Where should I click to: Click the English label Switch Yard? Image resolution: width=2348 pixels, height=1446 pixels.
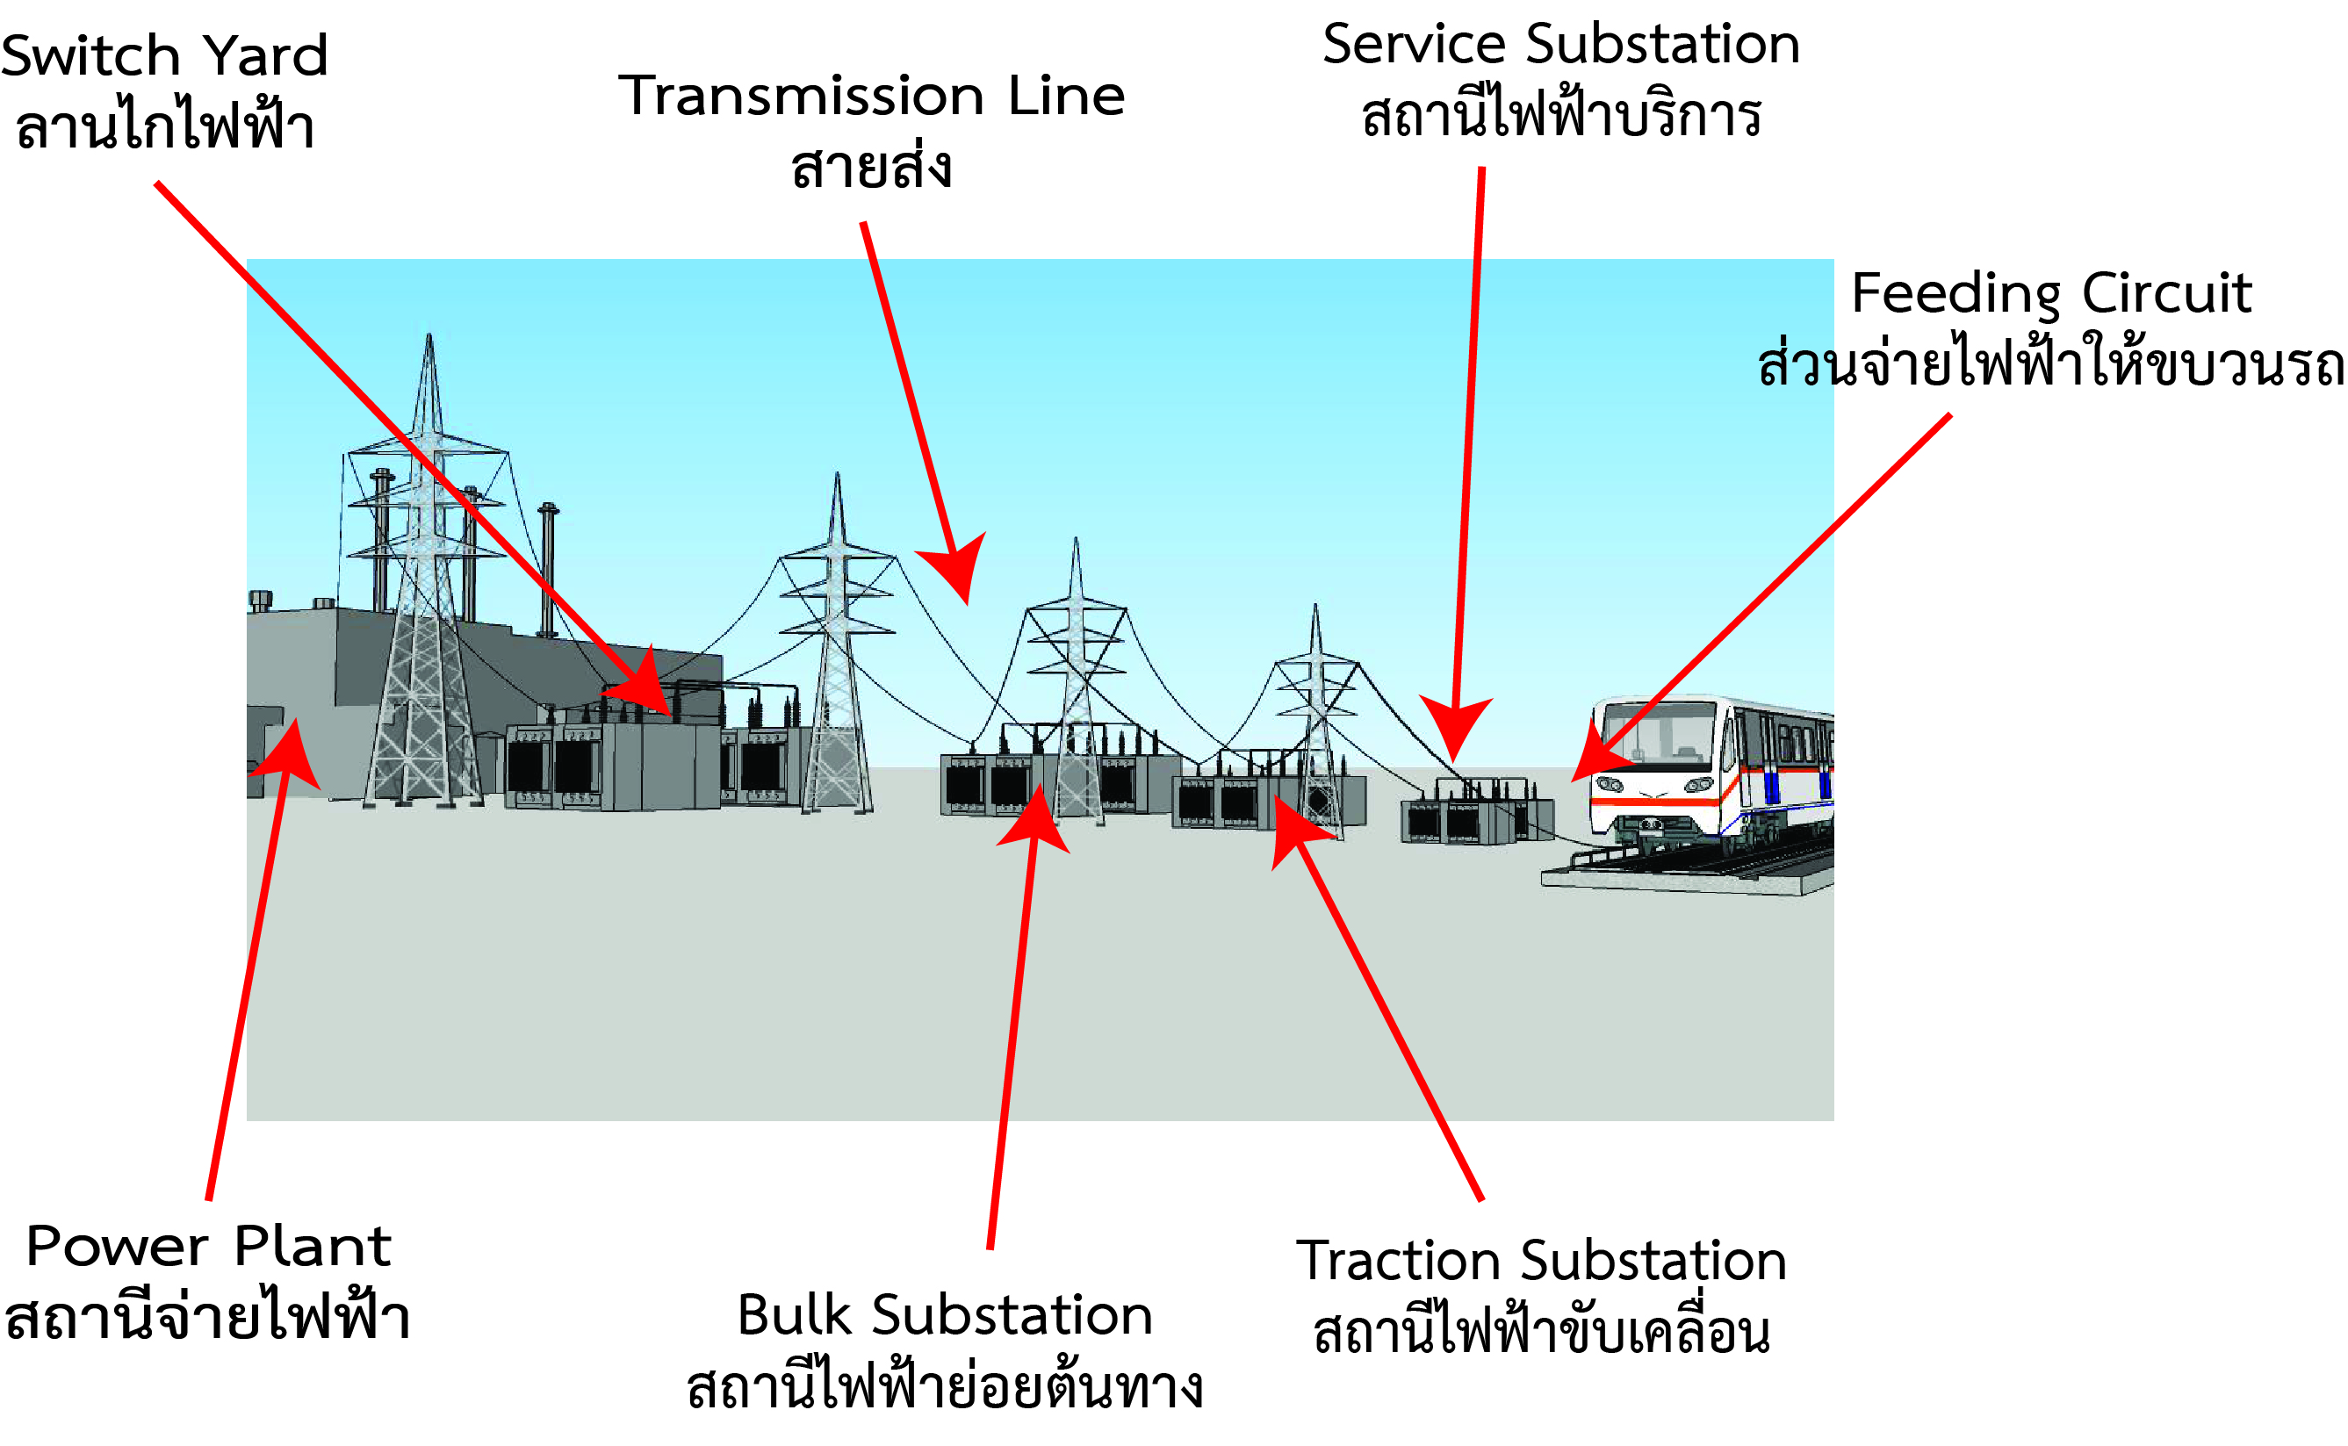click(164, 55)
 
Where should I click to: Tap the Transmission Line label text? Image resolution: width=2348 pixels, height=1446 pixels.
click(871, 96)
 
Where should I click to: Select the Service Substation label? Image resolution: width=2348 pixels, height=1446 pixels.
click(1561, 45)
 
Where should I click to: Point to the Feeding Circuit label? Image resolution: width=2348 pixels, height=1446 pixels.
click(2050, 292)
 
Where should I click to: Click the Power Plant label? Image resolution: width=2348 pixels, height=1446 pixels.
click(208, 1246)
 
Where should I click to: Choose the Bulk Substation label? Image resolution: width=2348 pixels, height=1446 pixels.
click(945, 1315)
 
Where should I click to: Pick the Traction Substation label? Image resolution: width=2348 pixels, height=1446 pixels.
click(1541, 1261)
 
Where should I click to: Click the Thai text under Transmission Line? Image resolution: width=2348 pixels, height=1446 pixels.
click(871, 168)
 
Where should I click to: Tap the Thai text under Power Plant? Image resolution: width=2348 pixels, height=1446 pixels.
click(208, 1318)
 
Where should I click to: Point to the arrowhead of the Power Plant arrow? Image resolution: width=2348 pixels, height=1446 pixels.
click(291, 751)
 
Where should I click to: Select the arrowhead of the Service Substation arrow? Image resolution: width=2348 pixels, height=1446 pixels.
click(1455, 731)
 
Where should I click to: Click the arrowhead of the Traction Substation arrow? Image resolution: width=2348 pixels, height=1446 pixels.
click(1291, 823)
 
